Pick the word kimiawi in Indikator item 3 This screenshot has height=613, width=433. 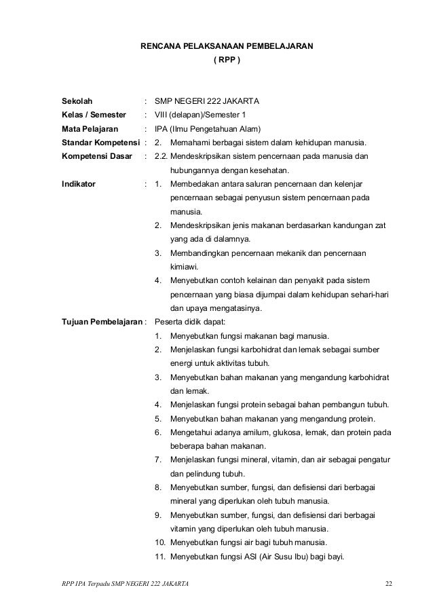pyautogui.click(x=184, y=267)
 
